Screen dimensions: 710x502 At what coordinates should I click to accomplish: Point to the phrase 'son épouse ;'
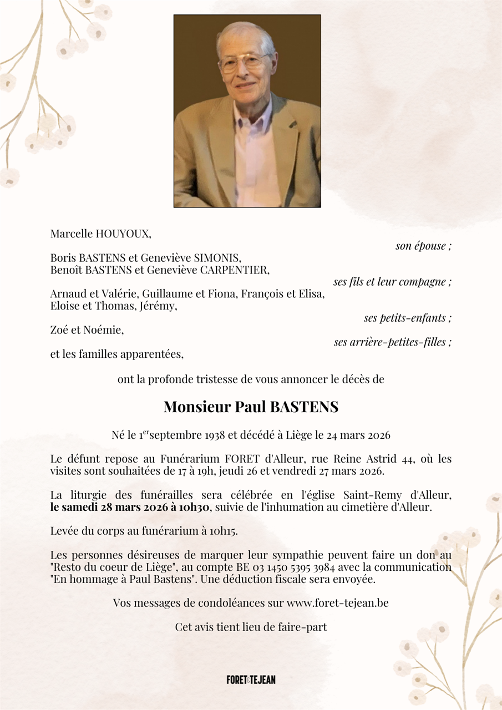coord(423,246)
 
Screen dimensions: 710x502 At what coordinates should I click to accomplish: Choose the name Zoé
coord(59,330)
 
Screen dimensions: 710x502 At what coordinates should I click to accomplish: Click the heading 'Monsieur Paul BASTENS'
coord(251,407)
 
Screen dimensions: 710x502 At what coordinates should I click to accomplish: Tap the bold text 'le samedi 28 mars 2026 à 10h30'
coord(130,508)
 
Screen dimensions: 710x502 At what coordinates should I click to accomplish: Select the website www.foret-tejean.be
coord(337,603)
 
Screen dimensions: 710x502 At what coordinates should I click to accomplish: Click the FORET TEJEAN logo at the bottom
coord(251,679)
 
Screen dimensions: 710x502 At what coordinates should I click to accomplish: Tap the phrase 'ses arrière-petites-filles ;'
coord(392,342)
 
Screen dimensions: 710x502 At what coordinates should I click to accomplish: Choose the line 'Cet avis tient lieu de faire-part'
coord(251,627)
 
